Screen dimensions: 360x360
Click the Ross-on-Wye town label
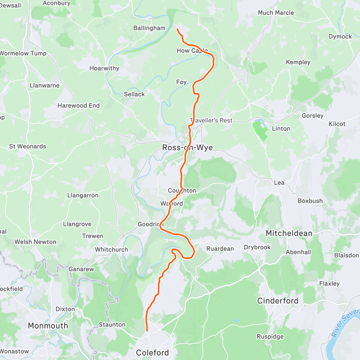coord(187,148)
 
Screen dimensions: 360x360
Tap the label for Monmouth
coord(48,326)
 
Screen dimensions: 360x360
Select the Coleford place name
coord(152,353)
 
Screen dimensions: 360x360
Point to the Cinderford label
coord(278,301)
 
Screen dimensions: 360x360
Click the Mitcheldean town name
coord(289,233)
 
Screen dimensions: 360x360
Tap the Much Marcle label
coord(276,13)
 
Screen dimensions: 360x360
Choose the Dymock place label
coord(340,37)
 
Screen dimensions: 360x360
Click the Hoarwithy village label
coord(104,68)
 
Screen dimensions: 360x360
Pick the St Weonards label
coord(28,146)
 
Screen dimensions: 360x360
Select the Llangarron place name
coord(83,196)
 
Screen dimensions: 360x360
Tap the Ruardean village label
coord(220,249)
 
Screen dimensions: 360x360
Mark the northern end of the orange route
coord(177,29)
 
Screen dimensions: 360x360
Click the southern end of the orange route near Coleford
coord(147,331)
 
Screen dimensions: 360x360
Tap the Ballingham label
coord(149,28)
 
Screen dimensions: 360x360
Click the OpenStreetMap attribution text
coord(63,356)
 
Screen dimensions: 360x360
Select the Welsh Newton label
coord(35,242)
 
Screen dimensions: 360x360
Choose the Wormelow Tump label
coord(23,53)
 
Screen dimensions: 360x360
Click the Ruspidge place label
coord(270,337)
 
